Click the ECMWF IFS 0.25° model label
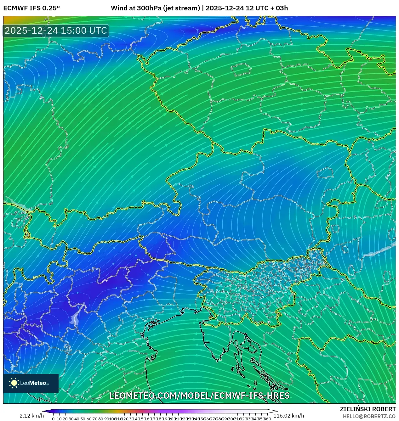31,8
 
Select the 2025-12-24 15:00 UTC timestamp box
56,31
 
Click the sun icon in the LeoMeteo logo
14,383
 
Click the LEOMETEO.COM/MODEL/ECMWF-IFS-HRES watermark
199,396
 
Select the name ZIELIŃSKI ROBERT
368,409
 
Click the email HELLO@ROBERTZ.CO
369,416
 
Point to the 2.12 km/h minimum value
31,416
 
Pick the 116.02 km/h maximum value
288,416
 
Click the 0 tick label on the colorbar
53,419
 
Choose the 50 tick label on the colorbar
83,419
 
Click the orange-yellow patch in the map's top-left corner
13,20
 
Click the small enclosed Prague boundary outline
240,69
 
